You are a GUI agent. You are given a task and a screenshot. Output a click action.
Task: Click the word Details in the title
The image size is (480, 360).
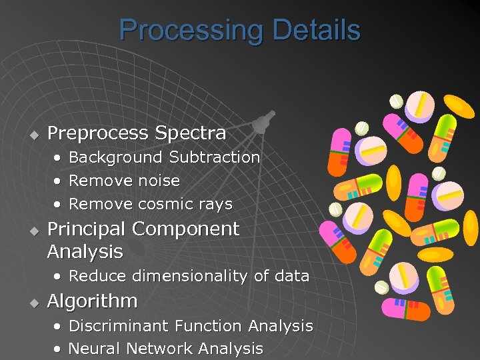[316, 31]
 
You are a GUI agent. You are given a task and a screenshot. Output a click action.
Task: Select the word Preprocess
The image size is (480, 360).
[99, 133]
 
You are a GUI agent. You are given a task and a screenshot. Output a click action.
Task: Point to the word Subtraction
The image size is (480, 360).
[214, 157]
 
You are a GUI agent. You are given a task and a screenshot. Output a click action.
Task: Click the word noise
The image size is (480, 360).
[159, 181]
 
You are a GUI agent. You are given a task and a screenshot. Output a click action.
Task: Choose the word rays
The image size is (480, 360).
[214, 204]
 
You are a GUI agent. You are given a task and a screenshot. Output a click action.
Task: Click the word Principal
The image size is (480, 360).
[86, 229]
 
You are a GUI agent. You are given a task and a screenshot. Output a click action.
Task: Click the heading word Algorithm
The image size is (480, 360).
[92, 301]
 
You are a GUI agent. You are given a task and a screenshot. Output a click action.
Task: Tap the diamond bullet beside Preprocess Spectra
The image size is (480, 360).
[31, 135]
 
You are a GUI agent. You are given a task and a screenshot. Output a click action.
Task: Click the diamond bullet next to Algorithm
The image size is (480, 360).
[31, 303]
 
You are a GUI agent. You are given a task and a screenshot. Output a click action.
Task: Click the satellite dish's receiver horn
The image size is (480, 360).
[262, 121]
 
